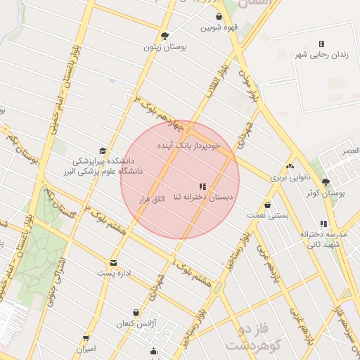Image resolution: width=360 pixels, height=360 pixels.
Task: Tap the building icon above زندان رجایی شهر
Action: pyautogui.click(x=321, y=44)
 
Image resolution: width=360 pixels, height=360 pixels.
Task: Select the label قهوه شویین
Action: pyautogui.click(x=219, y=29)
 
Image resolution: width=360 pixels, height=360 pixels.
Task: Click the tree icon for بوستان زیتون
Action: pyautogui.click(x=165, y=36)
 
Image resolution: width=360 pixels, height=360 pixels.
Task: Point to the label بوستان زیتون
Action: pyautogui.click(x=165, y=47)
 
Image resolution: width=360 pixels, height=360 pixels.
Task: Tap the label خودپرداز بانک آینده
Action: pyautogui.click(x=188, y=146)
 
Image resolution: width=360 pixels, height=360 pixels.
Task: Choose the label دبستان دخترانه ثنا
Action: pyautogui.click(x=204, y=199)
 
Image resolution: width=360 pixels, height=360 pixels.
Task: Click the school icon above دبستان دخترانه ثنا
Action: pyautogui.click(x=202, y=187)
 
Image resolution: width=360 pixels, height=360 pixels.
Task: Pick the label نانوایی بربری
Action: pyautogui.click(x=289, y=178)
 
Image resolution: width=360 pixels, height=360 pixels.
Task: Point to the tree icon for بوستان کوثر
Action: pyautogui.click(x=325, y=182)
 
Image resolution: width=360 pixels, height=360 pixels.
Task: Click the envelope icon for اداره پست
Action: pyautogui.click(x=113, y=263)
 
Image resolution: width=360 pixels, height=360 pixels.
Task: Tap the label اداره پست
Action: pyautogui.click(x=114, y=274)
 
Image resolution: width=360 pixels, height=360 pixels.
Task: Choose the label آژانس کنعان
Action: pyautogui.click(x=135, y=324)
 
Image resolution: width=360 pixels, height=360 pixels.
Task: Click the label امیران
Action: pyautogui.click(x=86, y=349)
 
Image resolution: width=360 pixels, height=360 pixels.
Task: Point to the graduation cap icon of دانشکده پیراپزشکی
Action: pyautogui.click(x=103, y=150)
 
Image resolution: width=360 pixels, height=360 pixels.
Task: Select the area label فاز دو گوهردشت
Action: pyautogui.click(x=252, y=337)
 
